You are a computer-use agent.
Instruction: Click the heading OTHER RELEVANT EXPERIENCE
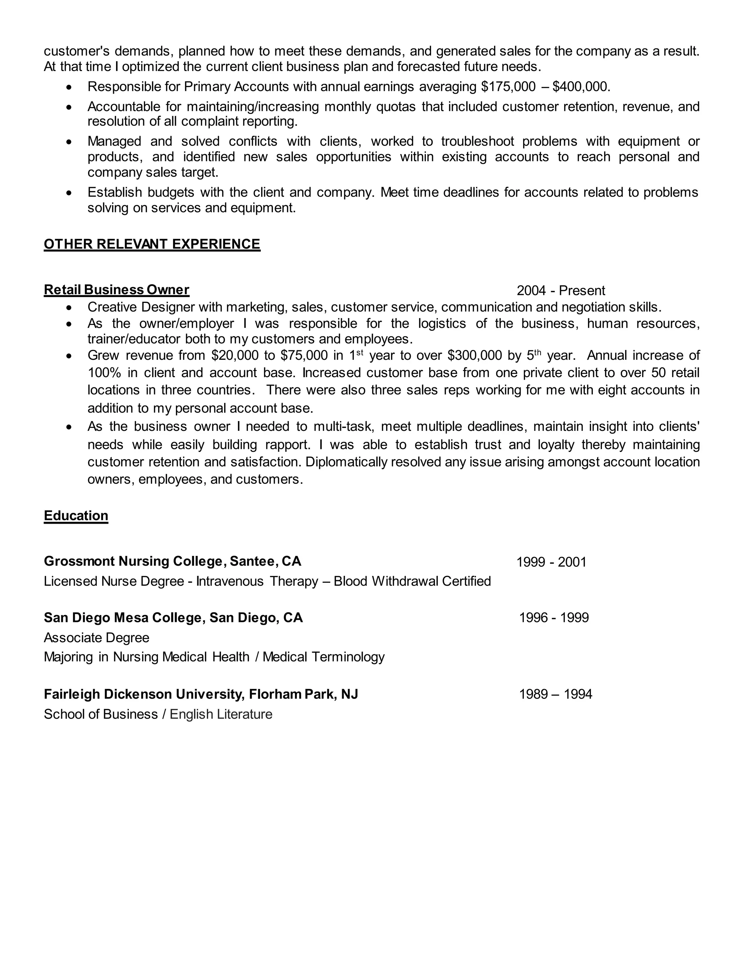(152, 244)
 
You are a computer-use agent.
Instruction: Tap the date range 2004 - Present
(561, 291)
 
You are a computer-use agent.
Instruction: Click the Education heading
(76, 516)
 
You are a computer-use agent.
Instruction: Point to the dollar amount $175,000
(508, 87)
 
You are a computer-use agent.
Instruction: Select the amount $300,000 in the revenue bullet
(475, 355)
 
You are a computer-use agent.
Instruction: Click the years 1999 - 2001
(551, 562)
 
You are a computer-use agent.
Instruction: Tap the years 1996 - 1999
(554, 618)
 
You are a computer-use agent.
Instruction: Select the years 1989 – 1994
(555, 694)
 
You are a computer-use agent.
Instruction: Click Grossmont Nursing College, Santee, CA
(173, 561)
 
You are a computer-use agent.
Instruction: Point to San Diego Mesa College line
(173, 618)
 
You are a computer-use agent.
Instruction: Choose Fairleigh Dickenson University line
(201, 694)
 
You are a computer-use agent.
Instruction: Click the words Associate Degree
(97, 638)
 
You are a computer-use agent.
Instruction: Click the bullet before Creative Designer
(68, 307)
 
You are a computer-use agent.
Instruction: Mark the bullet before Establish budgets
(68, 193)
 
